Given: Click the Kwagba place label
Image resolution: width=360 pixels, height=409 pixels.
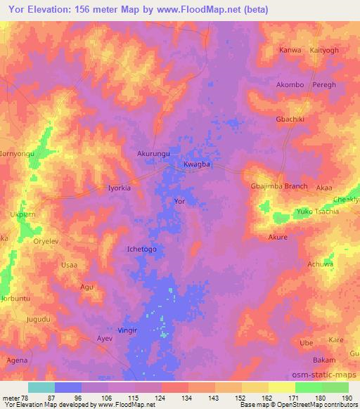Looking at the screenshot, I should [x=198, y=164].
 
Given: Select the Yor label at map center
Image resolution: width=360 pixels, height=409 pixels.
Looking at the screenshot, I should [x=179, y=201].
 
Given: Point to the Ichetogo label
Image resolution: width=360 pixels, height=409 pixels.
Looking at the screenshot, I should [x=141, y=249].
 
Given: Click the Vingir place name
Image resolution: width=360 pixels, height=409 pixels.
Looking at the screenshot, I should [x=128, y=330].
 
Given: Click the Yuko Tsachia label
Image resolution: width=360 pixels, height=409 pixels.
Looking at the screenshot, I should [x=314, y=212].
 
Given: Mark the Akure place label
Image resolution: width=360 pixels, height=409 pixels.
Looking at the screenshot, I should [x=278, y=238].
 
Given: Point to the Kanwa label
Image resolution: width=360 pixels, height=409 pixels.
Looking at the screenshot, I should [x=290, y=51].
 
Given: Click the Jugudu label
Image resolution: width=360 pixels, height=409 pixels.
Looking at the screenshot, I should [x=38, y=319].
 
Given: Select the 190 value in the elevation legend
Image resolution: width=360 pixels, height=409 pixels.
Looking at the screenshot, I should [x=346, y=398].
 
